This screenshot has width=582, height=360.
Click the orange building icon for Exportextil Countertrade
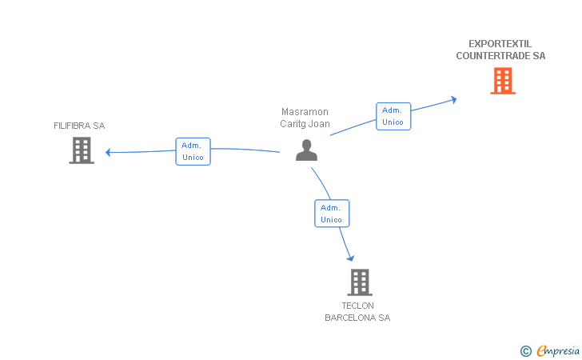tap(502, 81)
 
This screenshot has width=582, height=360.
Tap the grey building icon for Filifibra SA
tap(82, 150)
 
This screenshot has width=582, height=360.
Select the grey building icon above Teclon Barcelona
tap(359, 282)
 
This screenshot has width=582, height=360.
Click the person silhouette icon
tap(306, 150)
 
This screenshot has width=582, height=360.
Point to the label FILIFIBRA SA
tap(79, 126)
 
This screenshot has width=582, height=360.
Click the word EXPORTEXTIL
tap(500, 44)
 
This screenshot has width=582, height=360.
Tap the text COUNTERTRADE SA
tap(500, 56)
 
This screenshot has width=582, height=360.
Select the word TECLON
tap(357, 306)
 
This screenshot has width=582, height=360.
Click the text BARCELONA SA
tap(357, 318)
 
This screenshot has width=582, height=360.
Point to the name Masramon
tap(305, 112)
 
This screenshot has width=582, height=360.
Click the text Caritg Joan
tap(305, 124)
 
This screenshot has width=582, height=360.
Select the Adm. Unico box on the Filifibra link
tap(193, 151)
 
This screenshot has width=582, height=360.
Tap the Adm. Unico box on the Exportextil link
tap(393, 116)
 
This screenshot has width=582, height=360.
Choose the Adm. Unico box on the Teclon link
tap(331, 214)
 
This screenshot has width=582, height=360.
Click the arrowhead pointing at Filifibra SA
tap(109, 151)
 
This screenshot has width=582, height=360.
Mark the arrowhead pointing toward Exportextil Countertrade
tap(453, 99)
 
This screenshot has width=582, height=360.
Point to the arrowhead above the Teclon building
tap(350, 257)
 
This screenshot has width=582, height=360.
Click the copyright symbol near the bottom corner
tap(525, 350)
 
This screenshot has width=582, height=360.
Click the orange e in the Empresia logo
tap(542, 350)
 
